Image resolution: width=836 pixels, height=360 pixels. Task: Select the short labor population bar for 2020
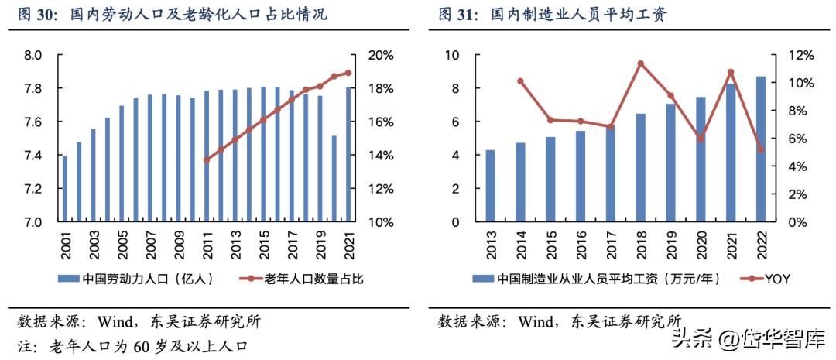(x=334, y=179)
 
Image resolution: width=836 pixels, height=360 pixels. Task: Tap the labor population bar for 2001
(x=64, y=189)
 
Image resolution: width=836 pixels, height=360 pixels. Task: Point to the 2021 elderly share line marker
(x=348, y=73)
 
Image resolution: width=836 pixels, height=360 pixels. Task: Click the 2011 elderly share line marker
(x=206, y=160)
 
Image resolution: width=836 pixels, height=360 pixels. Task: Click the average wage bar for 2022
(x=760, y=149)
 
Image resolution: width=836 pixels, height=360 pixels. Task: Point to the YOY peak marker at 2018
(x=640, y=63)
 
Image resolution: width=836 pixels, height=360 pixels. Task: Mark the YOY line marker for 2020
(x=701, y=139)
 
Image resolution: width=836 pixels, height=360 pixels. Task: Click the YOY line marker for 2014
(x=520, y=81)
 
